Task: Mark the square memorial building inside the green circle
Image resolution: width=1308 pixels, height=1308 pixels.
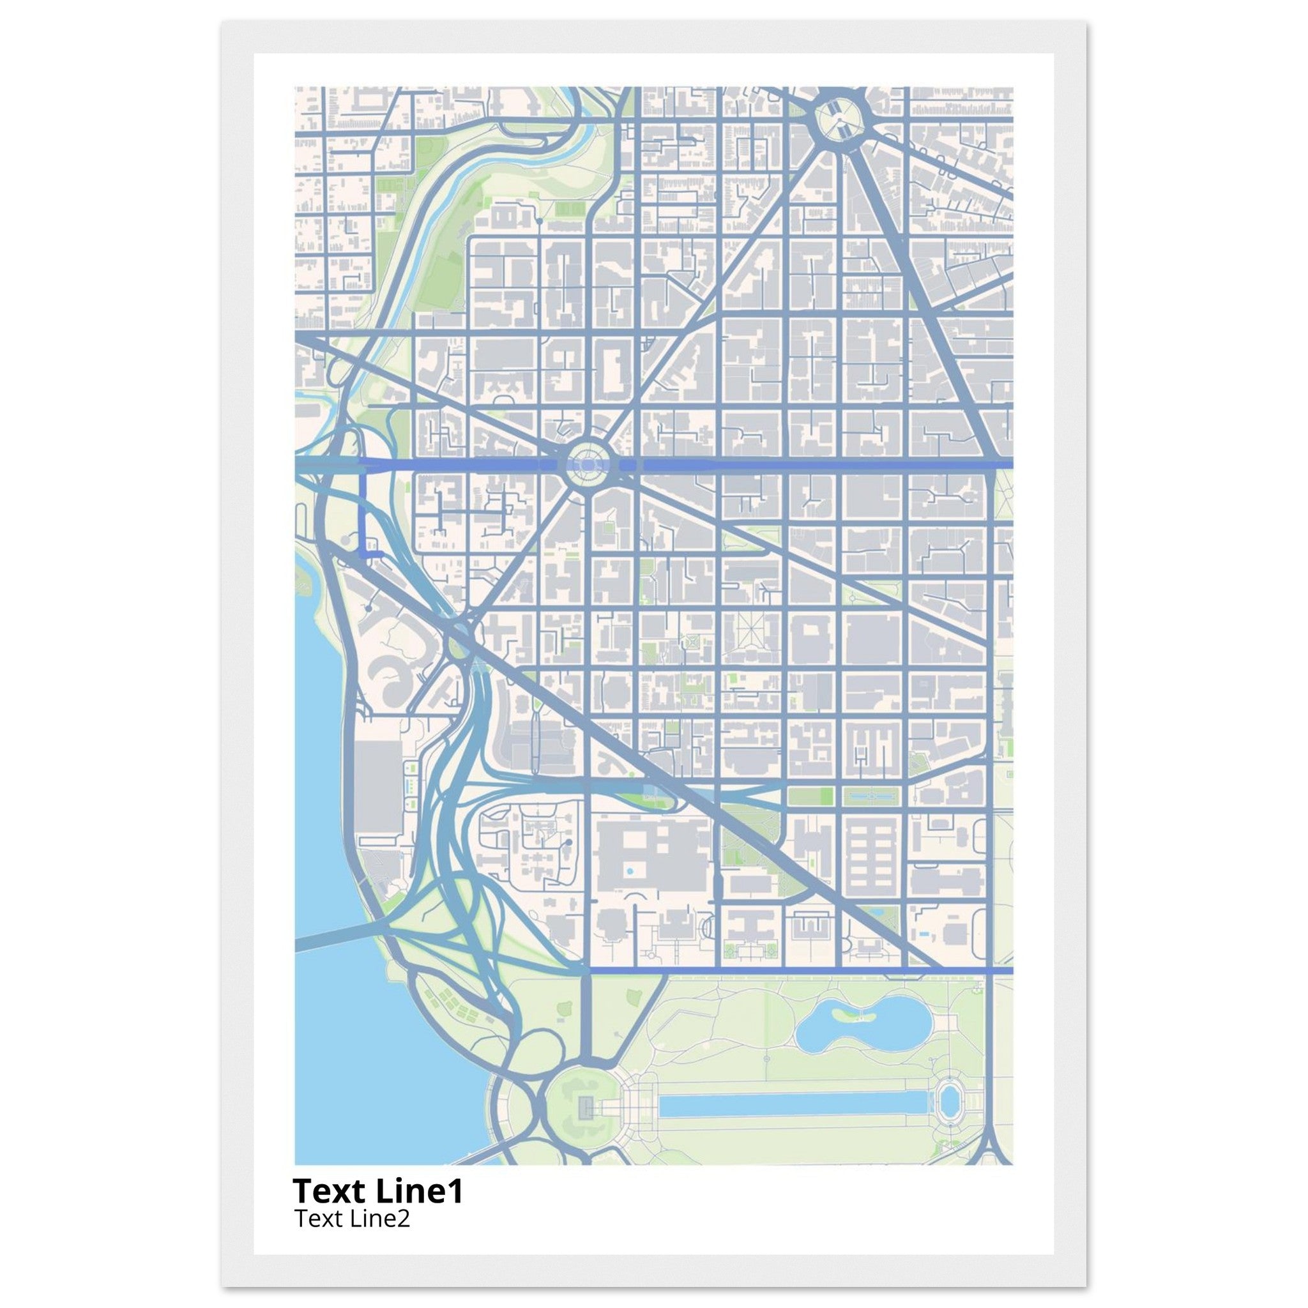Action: [584, 1108]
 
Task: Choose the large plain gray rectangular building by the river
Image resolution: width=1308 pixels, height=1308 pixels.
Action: [379, 786]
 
